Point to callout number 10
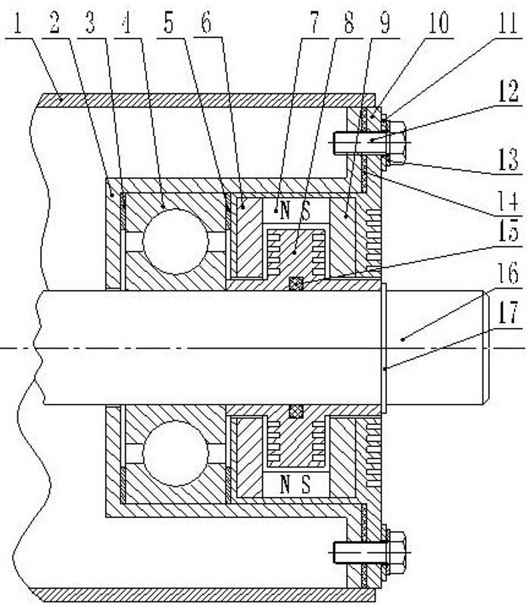coord(438,23)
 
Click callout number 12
coord(508,92)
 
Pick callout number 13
coord(508,160)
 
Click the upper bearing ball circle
coord(176,241)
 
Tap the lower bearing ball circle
coord(176,453)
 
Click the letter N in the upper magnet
coord(285,211)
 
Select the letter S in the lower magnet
coord(305,484)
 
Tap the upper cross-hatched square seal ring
coord(296,284)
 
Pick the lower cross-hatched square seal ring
coord(296,411)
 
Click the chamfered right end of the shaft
coord(486,348)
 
